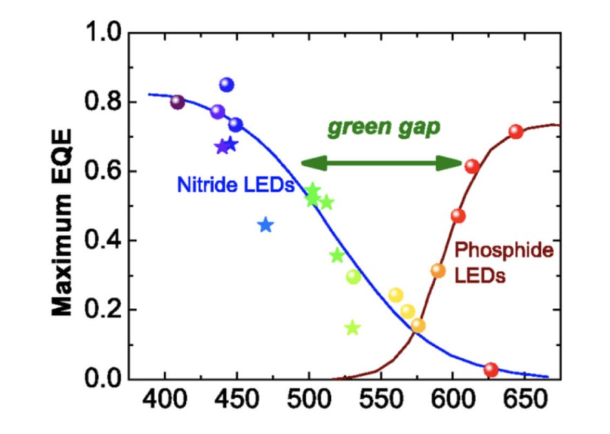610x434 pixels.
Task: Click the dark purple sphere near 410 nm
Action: [178, 103]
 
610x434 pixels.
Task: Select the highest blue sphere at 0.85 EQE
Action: [227, 85]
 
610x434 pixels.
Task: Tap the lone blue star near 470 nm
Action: [266, 225]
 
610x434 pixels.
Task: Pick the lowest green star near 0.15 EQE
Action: [352, 328]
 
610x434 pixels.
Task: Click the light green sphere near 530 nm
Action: [354, 277]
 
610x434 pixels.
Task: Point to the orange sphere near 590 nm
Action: [438, 271]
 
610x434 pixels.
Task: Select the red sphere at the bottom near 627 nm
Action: [491, 370]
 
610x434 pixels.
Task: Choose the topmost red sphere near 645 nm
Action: [516, 132]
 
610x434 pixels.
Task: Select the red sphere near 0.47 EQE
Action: [458, 216]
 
